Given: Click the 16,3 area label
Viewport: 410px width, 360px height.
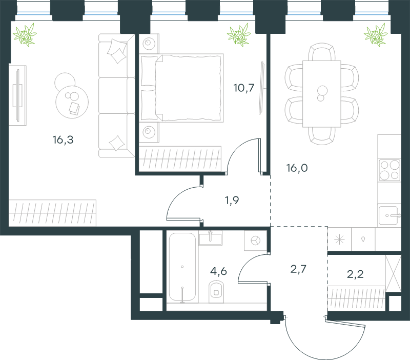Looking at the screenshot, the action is coord(63,140).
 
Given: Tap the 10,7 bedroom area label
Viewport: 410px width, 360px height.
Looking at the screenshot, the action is coord(244,88).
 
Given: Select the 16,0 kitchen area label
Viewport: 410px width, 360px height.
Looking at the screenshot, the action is coord(297,168).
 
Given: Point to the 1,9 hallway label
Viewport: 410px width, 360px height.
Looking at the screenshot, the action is coord(232,201).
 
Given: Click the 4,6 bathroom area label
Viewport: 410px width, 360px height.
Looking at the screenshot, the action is coord(219,271).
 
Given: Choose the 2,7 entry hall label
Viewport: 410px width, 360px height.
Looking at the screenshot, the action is coord(298,269).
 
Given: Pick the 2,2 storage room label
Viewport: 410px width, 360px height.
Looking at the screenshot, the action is coord(355,274).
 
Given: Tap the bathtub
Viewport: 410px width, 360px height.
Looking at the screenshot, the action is coord(182,267).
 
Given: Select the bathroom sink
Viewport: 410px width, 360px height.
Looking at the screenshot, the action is coord(210,238).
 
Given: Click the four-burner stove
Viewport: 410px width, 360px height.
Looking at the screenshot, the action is coord(389,170).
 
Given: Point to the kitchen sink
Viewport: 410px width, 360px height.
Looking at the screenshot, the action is coord(389,215).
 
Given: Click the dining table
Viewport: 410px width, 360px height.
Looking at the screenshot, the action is coord(322,94).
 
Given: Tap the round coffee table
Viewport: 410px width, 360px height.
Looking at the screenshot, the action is coord(72,102).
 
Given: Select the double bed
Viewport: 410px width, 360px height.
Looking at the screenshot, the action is coord(181,88).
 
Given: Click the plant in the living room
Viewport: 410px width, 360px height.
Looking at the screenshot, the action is coord(25,35).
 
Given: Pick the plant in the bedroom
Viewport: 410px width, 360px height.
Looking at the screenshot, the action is coord(239,35).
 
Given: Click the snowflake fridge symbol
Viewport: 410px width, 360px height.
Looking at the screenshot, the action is coord(339,239).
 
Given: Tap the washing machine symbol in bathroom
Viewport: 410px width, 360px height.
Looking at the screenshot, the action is coord(255,241).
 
